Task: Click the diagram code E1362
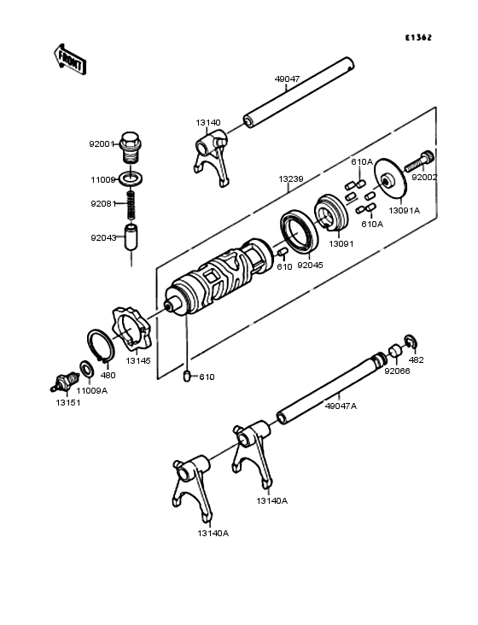[x=418, y=38]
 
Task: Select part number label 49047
[x=287, y=79]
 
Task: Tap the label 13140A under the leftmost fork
[x=213, y=533]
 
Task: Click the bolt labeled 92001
[x=131, y=146]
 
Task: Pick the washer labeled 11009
[x=131, y=180]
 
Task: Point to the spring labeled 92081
[x=131, y=204]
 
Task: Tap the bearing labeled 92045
[x=297, y=231]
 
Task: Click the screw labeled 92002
[x=421, y=160]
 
